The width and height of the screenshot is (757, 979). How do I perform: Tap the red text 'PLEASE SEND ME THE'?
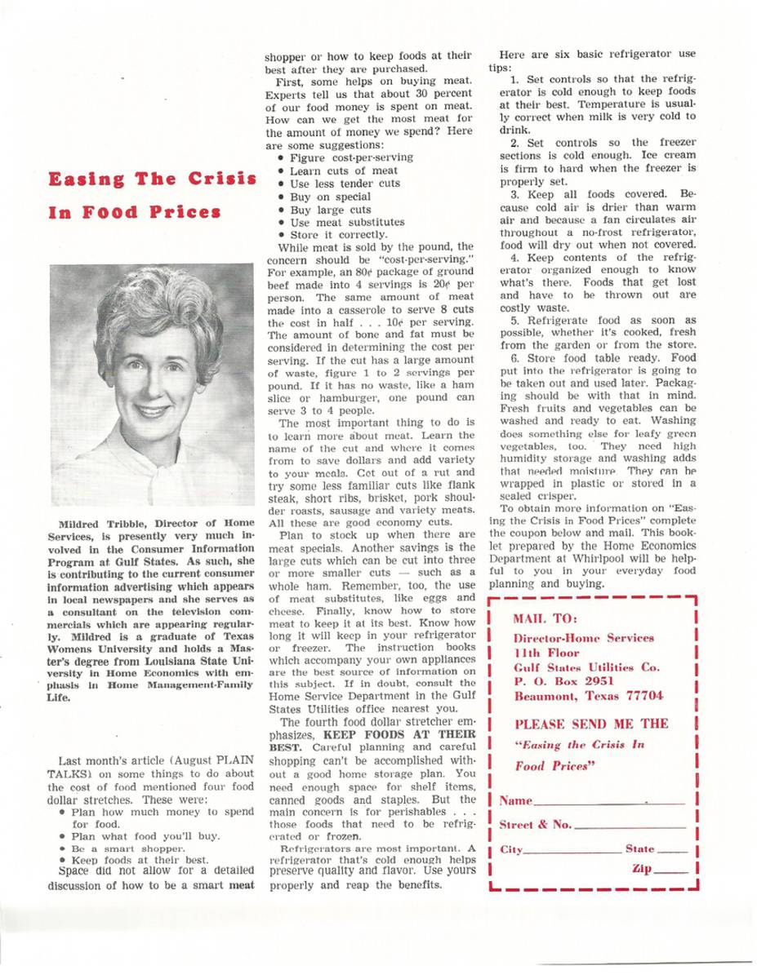581,724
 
